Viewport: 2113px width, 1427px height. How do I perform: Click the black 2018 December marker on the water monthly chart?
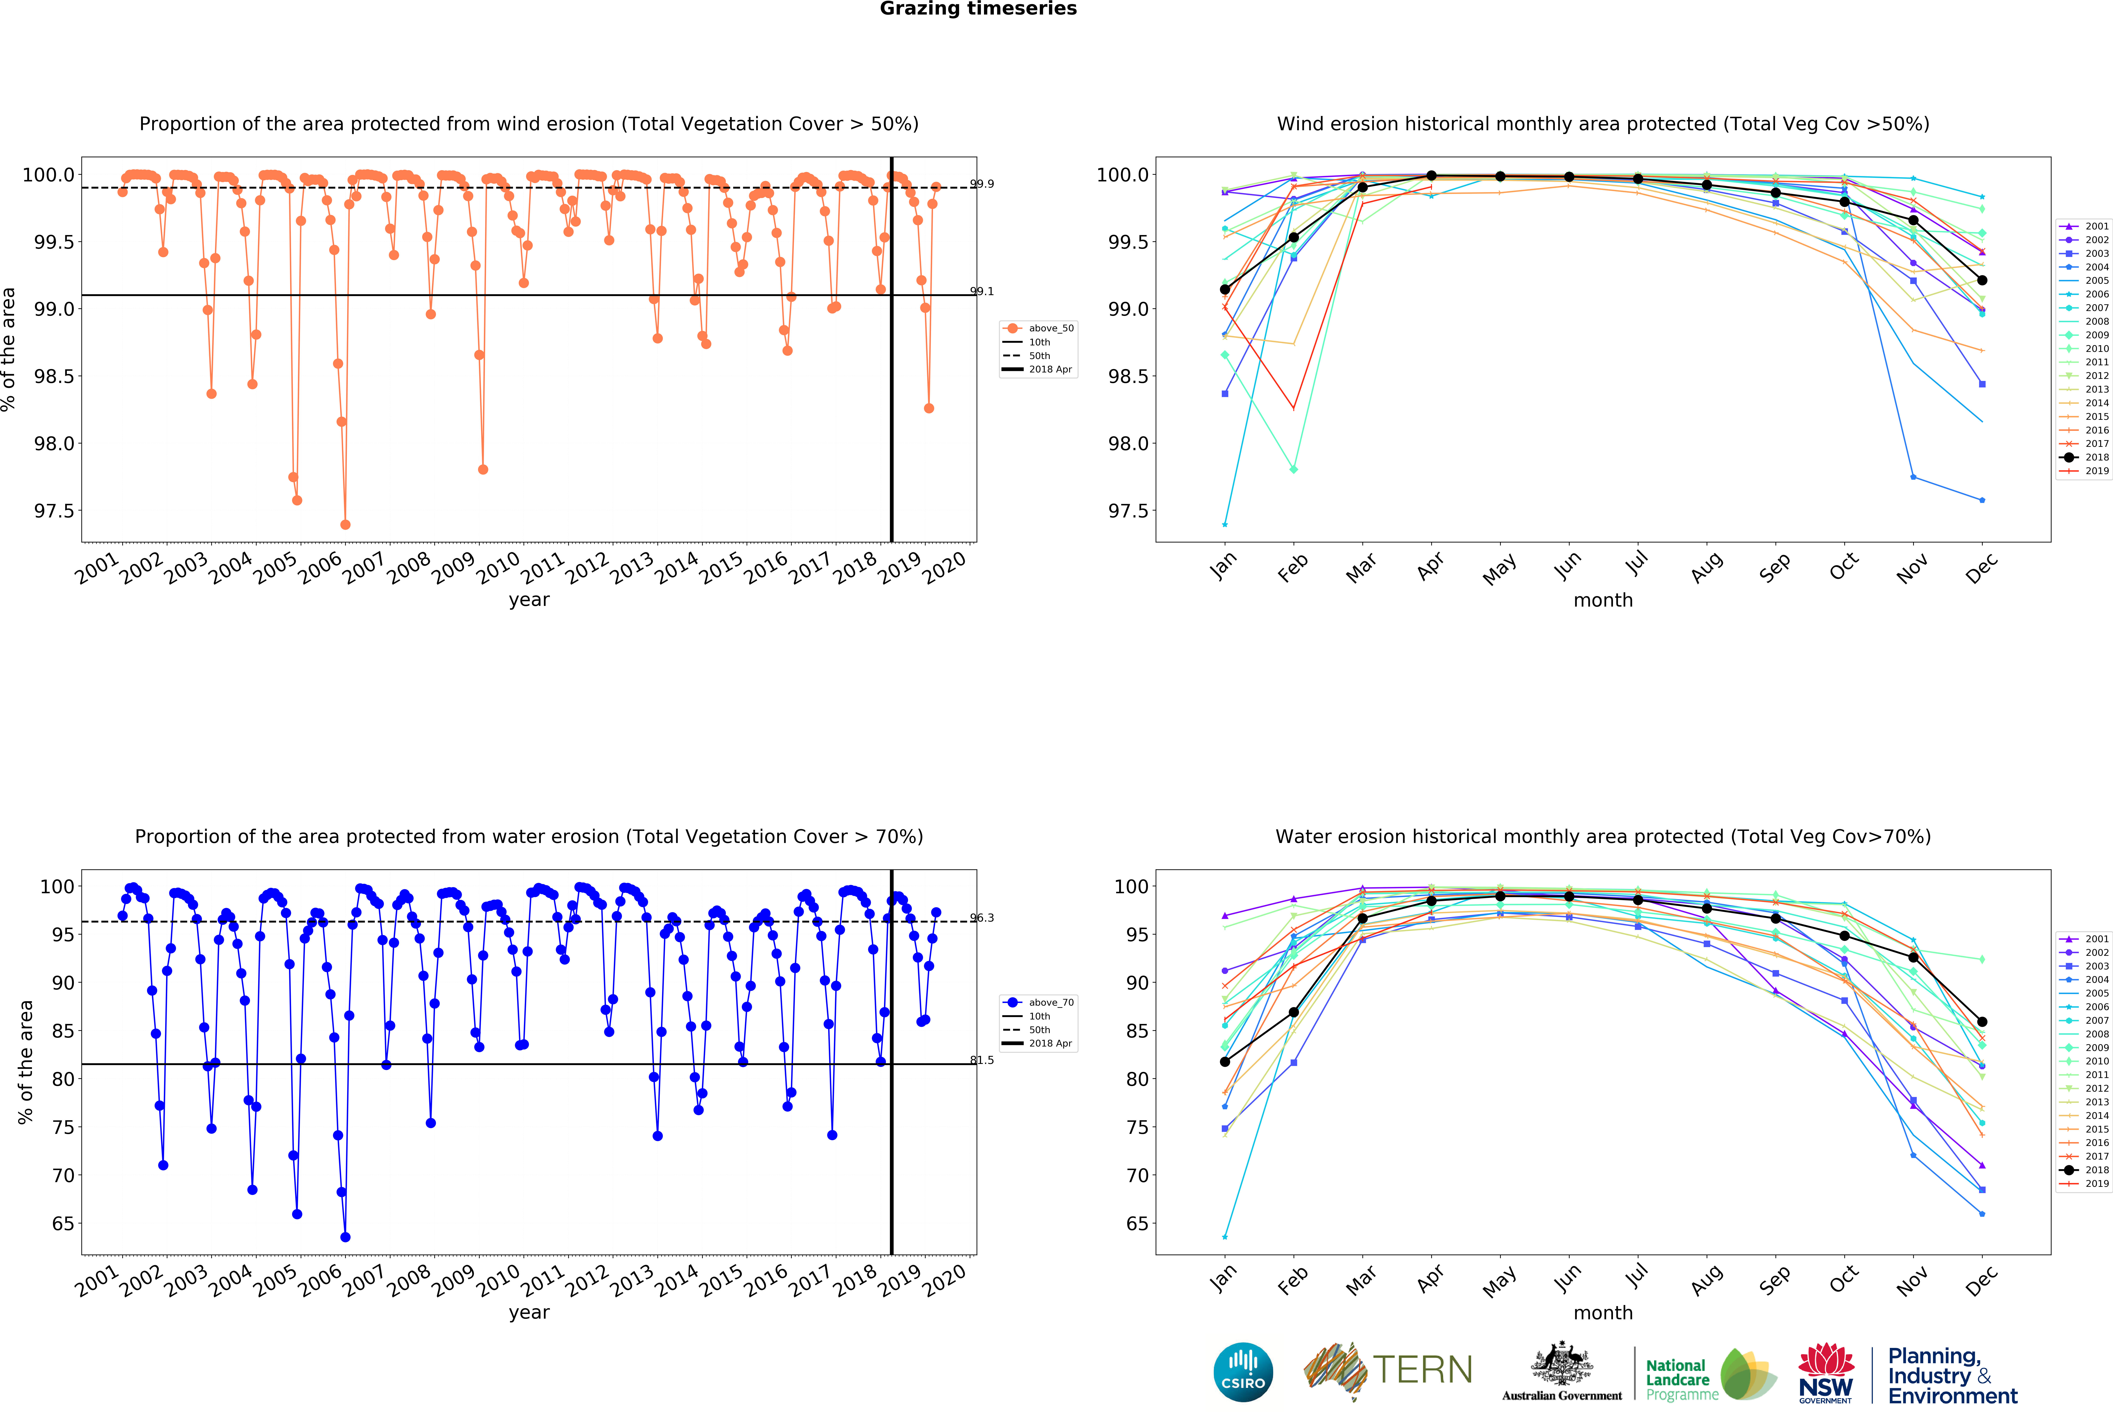click(x=1982, y=1022)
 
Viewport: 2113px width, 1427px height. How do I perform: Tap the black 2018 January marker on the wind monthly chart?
click(x=1225, y=289)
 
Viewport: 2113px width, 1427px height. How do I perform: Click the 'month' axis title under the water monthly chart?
click(x=1603, y=1312)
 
